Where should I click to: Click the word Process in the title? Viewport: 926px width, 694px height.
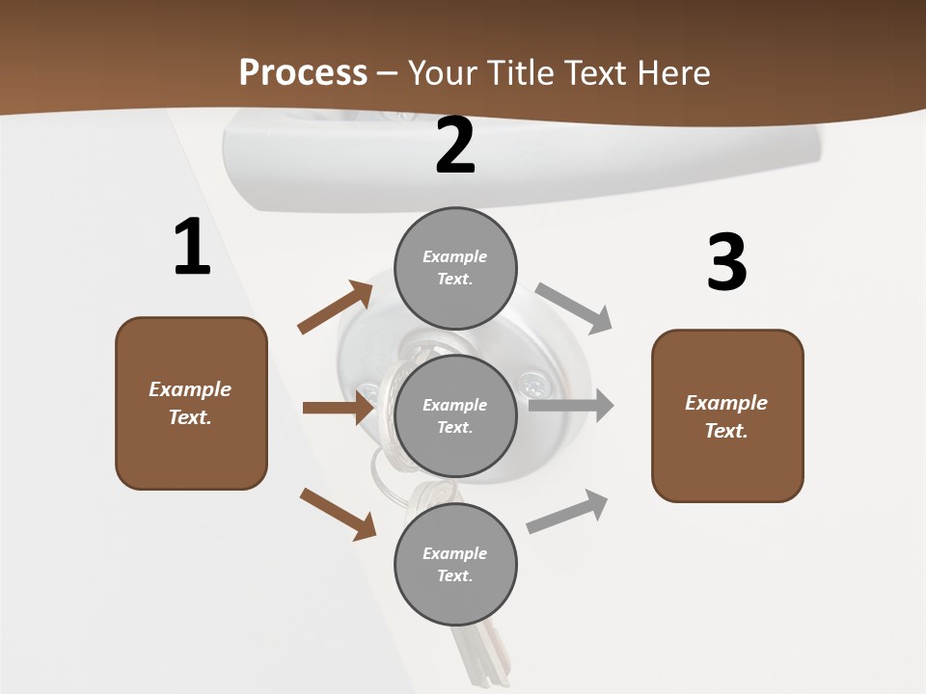(303, 73)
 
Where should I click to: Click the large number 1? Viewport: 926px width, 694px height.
(192, 248)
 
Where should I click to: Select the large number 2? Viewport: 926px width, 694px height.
(455, 147)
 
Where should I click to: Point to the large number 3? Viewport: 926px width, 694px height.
(726, 262)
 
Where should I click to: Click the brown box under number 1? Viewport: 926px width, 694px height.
(191, 403)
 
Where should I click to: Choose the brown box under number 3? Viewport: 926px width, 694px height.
(727, 416)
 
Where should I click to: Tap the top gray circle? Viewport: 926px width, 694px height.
(455, 268)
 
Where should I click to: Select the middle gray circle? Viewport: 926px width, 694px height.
(455, 415)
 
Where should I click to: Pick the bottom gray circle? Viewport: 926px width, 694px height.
(455, 564)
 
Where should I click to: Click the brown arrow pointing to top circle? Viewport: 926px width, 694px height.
(336, 307)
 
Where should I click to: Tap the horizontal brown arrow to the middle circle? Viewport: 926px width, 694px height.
(338, 408)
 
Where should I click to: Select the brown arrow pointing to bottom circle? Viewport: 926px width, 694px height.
(338, 514)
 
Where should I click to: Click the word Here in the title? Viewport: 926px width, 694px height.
(671, 73)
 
